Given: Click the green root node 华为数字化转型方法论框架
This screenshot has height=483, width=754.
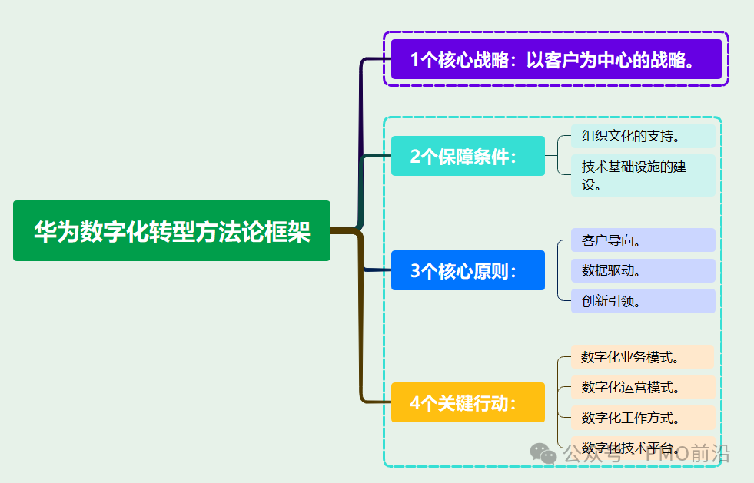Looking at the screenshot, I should pyautogui.click(x=171, y=231).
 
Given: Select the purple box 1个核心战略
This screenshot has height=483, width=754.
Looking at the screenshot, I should pyautogui.click(x=556, y=60).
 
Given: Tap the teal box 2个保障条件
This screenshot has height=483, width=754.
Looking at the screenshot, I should pyautogui.click(x=467, y=156).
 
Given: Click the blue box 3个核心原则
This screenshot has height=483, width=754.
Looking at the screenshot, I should pyautogui.click(x=467, y=270).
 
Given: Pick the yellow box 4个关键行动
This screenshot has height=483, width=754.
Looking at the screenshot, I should pyautogui.click(x=467, y=402).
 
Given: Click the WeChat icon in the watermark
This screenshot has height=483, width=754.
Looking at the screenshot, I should pyautogui.click(x=545, y=453).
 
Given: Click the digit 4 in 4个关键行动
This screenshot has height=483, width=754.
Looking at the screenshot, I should pyautogui.click(x=415, y=403).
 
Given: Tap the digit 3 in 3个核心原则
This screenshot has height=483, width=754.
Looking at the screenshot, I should pyautogui.click(x=415, y=271).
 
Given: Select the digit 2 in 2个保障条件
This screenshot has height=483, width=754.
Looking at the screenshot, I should pyautogui.click(x=415, y=157).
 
